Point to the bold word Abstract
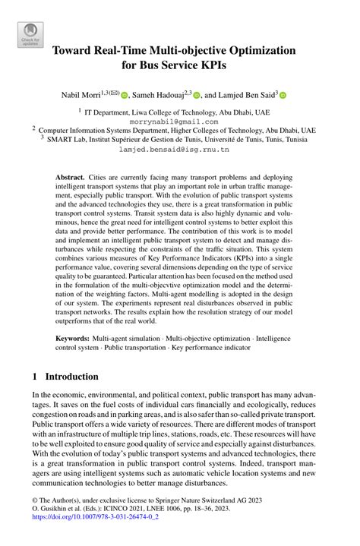(70, 176)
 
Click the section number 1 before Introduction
(35, 377)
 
